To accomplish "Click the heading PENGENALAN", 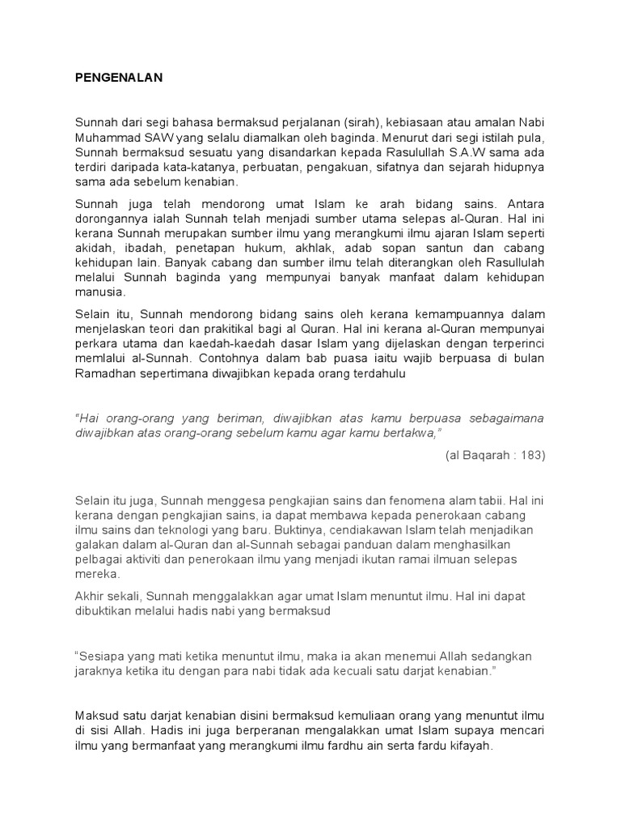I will [x=120, y=78].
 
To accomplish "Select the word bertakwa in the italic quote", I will [x=407, y=432].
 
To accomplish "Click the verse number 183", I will [x=530, y=455].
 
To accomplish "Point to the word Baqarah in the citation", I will [x=480, y=455].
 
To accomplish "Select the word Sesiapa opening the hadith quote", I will [x=102, y=656].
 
